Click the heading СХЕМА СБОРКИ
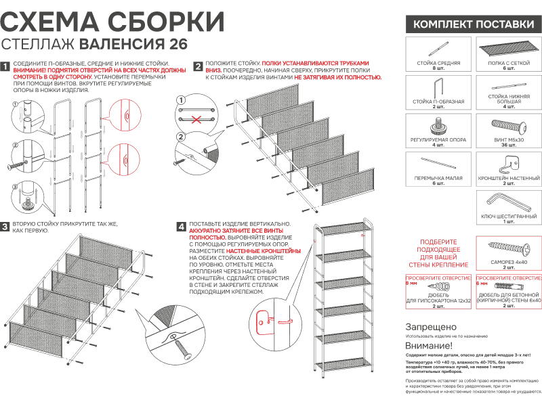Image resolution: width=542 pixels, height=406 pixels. (112, 21)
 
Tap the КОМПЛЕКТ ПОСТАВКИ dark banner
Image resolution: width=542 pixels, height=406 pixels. (474, 24)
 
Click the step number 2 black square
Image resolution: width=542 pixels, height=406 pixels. (198, 66)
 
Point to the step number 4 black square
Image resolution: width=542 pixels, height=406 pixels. (181, 226)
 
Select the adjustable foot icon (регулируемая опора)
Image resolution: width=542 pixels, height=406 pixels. (437, 126)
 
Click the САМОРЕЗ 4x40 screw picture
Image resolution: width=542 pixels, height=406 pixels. (508, 246)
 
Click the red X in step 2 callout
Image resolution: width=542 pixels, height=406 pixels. (196, 120)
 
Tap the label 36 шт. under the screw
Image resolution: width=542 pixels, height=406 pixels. (509, 144)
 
